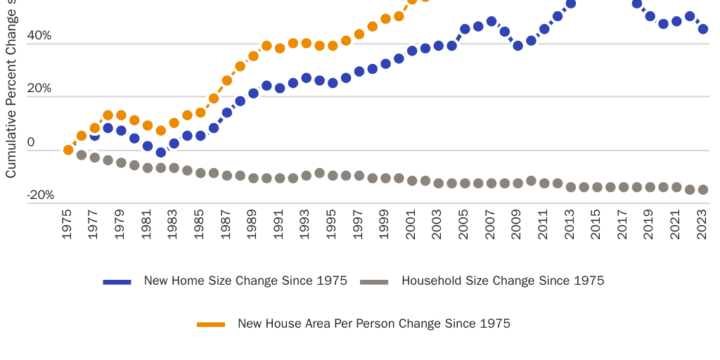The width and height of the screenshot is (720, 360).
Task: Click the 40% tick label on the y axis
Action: click(39, 35)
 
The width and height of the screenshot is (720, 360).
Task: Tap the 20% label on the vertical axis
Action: click(39, 89)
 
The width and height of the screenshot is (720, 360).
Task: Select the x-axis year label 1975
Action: click(67, 224)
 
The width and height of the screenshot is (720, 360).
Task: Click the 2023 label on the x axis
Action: click(702, 224)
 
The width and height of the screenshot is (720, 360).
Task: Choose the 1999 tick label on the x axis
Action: click(385, 224)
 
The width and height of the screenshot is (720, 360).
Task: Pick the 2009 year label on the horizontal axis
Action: click(517, 224)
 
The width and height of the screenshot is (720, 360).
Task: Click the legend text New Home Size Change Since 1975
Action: click(245, 281)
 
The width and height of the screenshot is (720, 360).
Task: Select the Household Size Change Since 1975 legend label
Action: click(503, 281)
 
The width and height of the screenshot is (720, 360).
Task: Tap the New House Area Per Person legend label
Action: click(373, 323)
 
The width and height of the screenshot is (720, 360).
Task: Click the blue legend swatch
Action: click(117, 281)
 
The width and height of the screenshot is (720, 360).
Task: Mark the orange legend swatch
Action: click(211, 324)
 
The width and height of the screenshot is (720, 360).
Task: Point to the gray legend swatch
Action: click(374, 281)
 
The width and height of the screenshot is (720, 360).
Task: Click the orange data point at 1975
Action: click(68, 150)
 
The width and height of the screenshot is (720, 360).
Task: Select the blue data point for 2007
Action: click(491, 22)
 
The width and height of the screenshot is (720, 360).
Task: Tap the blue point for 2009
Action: click(517, 46)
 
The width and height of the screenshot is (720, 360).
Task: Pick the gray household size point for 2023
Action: click(702, 190)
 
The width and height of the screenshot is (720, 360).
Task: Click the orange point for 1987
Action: click(227, 81)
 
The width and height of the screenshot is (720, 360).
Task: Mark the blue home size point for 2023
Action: click(702, 30)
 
